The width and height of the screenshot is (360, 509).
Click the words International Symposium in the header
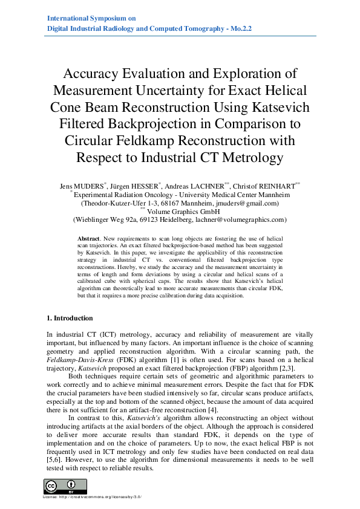83,19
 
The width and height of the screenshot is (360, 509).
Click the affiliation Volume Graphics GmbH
184,212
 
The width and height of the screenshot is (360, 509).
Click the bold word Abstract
91,240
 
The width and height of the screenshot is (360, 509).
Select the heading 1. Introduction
70,317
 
